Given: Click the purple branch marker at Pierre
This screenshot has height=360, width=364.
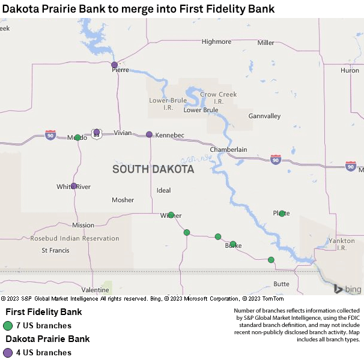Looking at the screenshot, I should tap(115, 65).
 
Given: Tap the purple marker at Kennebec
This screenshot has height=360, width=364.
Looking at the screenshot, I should tap(149, 134).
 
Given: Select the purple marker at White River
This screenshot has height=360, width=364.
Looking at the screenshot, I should tap(74, 186).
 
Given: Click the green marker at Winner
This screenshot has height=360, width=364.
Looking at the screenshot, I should tap(171, 215).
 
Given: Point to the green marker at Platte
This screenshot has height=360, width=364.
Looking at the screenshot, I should tap(282, 213).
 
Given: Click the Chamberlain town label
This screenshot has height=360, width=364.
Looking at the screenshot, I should tap(228, 149).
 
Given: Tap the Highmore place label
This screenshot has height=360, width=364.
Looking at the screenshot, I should tap(216, 42).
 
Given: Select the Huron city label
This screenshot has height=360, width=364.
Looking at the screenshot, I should tap(350, 70).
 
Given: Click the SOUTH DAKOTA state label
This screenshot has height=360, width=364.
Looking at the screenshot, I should tap(153, 170).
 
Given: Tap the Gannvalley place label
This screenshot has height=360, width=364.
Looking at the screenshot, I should tap(264, 116).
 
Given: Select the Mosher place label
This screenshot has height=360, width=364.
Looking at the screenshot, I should tap(123, 200).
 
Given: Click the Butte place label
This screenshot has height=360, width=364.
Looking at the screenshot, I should tap(281, 284).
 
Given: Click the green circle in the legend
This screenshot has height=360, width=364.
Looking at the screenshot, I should tap(8, 326).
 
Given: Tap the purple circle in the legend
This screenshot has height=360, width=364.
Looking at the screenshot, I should tap(8, 353).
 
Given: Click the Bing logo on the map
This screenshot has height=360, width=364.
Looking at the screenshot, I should tap(348, 289).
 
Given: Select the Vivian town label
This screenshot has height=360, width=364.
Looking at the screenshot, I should tap(123, 133).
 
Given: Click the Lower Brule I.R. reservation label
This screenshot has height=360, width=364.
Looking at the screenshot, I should tap(162, 104).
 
